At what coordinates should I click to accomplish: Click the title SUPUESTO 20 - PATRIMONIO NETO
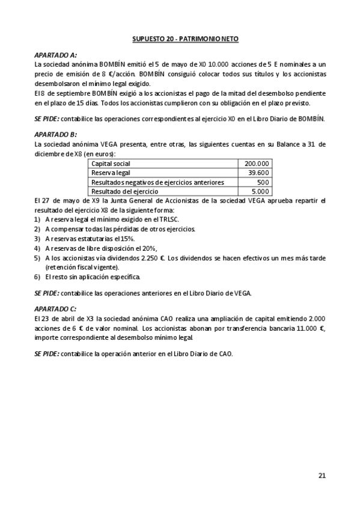click(185, 38)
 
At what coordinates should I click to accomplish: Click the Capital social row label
click(111, 164)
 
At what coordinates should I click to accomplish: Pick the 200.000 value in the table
click(257, 164)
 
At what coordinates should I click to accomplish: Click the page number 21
click(322, 475)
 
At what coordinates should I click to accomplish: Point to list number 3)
click(37, 238)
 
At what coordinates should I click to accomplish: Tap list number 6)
click(37, 277)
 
